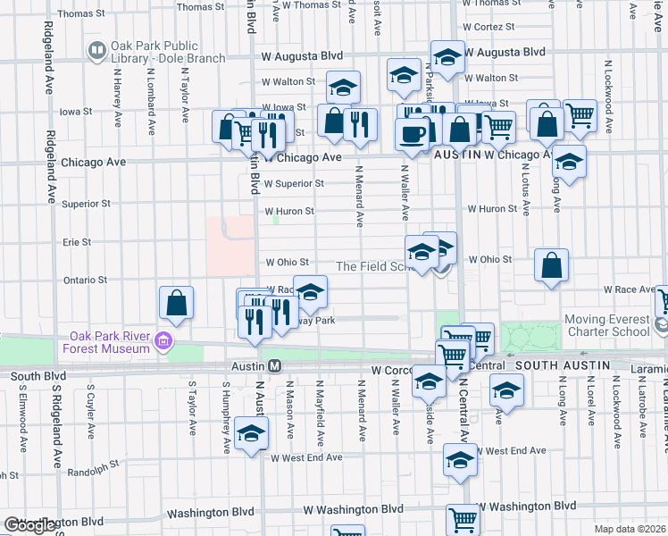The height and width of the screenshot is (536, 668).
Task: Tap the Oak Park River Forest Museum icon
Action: tap(163, 341)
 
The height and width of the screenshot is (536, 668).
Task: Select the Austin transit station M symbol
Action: tap(275, 366)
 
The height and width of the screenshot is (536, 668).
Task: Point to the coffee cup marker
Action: tap(412, 134)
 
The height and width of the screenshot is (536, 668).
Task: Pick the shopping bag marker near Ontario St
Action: tap(177, 303)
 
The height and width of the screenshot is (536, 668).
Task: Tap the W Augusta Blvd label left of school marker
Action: tap(303, 55)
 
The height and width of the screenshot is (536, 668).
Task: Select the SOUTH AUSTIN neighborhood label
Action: tap(562, 365)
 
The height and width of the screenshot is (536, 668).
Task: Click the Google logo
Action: tap(29, 526)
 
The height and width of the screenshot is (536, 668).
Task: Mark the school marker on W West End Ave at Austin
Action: tap(252, 434)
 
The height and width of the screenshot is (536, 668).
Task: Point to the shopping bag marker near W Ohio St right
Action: tap(552, 264)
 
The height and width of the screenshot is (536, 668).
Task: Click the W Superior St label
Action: tap(293, 184)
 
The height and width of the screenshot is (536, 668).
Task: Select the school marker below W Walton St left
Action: tap(343, 88)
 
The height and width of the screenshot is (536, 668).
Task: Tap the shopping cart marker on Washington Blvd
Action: tap(464, 518)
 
